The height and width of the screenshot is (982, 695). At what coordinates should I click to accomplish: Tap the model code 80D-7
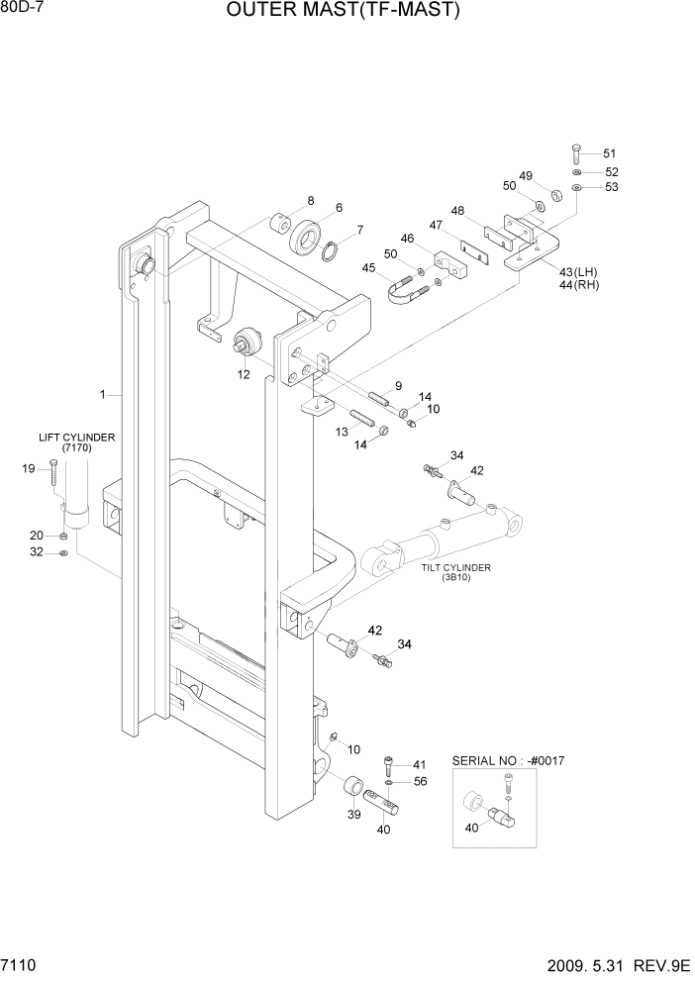coord(23,9)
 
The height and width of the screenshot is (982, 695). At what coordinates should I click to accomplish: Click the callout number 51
coord(609,153)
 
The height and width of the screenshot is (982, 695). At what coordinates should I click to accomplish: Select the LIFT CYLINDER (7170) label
coord(76,442)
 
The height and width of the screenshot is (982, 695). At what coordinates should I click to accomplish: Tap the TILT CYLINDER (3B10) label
coord(456,573)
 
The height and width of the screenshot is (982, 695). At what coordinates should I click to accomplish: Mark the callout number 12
coord(244,374)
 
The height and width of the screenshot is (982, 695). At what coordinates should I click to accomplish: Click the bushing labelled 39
coord(351,788)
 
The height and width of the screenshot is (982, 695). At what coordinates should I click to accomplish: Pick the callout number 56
coord(420,781)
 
